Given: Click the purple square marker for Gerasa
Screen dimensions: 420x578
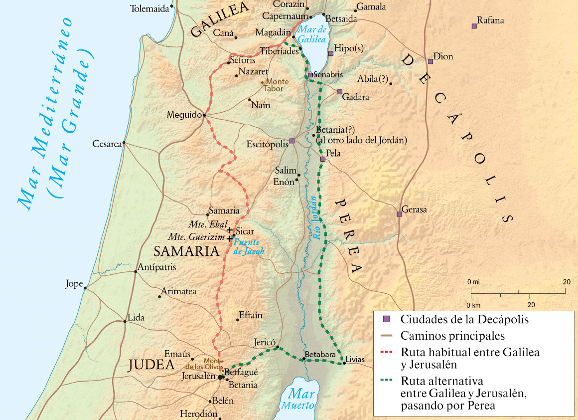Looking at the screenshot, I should (399, 214).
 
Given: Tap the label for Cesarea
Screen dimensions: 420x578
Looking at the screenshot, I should (107, 144).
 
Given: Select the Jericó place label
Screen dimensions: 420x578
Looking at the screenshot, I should (264, 343).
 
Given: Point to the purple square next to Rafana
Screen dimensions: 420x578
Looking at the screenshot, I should (474, 26).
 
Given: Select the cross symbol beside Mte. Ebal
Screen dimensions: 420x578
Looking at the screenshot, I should (230, 229).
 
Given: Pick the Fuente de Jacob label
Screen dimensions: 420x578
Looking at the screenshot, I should (249, 247).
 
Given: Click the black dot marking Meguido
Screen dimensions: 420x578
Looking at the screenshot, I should (204, 115).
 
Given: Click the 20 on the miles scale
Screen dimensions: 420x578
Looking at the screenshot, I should (567, 282).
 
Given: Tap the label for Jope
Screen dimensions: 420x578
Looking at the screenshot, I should (74, 284).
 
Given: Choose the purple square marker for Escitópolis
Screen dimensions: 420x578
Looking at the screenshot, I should (292, 141).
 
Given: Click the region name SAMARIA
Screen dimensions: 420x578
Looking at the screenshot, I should (186, 251).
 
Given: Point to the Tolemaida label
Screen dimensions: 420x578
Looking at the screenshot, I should (149, 8).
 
